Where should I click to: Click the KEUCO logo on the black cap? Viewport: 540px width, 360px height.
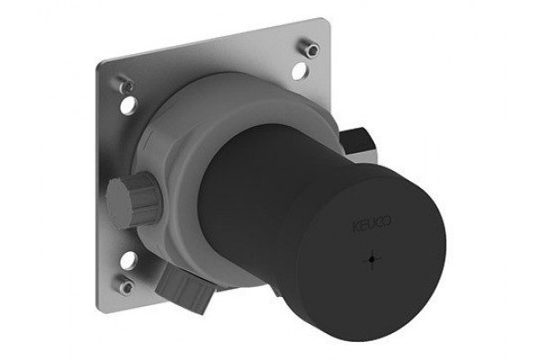(372, 223)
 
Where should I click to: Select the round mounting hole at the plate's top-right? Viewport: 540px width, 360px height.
(300, 70)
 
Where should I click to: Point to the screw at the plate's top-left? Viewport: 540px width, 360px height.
(126, 85)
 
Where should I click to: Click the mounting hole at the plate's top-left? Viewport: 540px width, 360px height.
(129, 105)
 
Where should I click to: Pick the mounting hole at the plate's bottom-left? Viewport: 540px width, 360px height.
(128, 260)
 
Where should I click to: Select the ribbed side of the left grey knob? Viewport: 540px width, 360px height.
(145, 198)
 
